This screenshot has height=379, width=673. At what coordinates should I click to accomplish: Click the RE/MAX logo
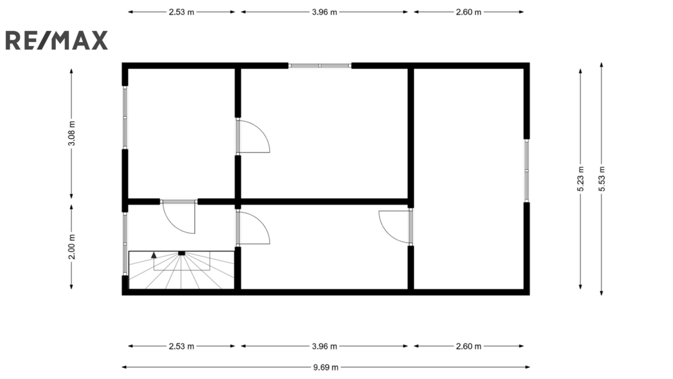57,40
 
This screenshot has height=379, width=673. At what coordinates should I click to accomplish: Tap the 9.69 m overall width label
325,367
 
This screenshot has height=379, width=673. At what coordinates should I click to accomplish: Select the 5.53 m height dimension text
602,179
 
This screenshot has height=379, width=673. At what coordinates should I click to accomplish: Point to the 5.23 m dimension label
581,179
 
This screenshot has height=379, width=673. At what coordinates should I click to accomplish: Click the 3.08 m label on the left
72,134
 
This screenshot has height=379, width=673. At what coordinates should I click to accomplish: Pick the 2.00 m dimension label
72,247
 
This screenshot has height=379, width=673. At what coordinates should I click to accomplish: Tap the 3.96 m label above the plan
325,12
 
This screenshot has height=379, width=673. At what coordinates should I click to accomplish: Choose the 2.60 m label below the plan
469,346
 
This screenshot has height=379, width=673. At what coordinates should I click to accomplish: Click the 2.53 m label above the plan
181,12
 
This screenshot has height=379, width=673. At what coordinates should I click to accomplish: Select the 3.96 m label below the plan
325,346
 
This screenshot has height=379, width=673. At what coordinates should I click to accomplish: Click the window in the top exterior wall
320,66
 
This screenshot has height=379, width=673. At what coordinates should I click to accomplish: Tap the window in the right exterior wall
526,170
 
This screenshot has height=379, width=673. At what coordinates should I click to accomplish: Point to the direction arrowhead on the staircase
154,255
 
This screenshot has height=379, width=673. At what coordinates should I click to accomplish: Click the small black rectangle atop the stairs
181,253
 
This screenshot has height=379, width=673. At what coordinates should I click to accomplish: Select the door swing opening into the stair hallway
179,217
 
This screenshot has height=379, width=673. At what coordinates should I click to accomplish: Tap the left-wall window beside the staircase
125,243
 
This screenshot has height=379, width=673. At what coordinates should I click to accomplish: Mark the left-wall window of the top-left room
125,117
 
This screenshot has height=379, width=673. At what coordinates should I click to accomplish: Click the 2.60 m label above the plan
469,12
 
